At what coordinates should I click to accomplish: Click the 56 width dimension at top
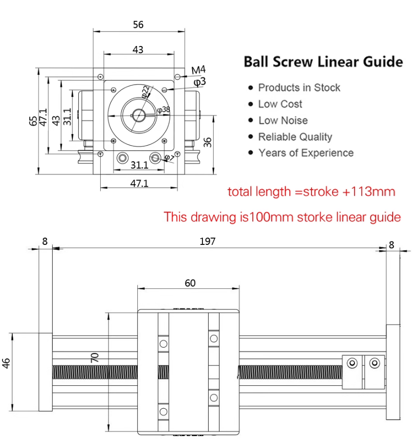pyautogui.click(x=138, y=24)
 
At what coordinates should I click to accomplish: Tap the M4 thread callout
pyautogui.click(x=198, y=70)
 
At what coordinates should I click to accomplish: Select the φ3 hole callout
pyautogui.click(x=200, y=82)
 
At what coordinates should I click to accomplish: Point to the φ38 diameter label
pyautogui.click(x=164, y=110)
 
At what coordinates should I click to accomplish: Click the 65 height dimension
pyautogui.click(x=32, y=121)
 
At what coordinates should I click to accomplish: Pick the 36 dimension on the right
pyautogui.click(x=208, y=142)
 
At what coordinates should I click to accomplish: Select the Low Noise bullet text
pyautogui.click(x=283, y=120)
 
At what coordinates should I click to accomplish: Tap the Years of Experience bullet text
pyautogui.click(x=306, y=153)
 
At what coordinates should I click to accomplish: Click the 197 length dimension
pyautogui.click(x=207, y=241)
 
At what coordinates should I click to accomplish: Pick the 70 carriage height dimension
pyautogui.click(x=96, y=358)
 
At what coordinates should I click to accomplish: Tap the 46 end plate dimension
pyautogui.click(x=7, y=363)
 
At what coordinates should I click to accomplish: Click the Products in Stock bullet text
pyautogui.click(x=299, y=88)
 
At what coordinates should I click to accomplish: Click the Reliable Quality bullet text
pyautogui.click(x=295, y=137)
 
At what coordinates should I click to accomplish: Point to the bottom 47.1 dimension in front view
pyautogui.click(x=139, y=183)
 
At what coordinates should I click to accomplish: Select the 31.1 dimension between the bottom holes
pyautogui.click(x=140, y=165)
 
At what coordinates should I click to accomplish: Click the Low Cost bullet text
pyautogui.click(x=280, y=104)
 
